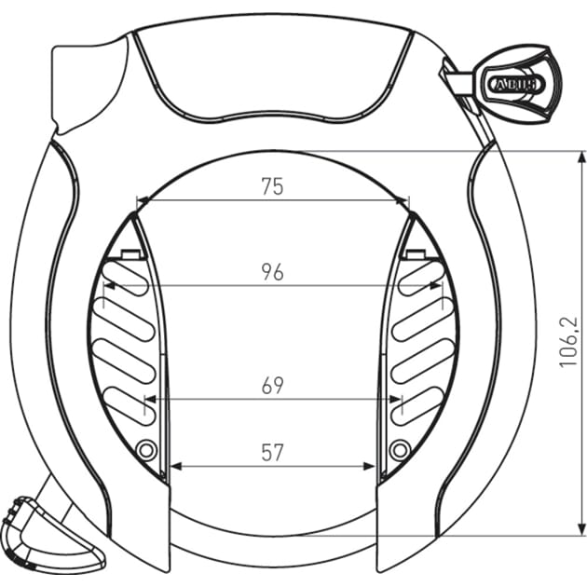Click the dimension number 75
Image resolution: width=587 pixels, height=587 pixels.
pyautogui.click(x=271, y=186)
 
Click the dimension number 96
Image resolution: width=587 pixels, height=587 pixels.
pyautogui.click(x=271, y=272)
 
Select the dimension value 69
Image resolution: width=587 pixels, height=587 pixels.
pyautogui.click(x=271, y=386)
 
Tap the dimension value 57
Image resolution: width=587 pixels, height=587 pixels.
pyautogui.click(x=271, y=454)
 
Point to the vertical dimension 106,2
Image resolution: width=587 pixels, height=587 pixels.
pyautogui.click(x=569, y=342)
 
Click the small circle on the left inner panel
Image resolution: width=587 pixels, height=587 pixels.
pyautogui.click(x=145, y=451)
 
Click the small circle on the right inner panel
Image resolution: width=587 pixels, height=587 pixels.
pyautogui.click(x=400, y=451)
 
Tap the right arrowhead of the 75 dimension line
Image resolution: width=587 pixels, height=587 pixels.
pyautogui.click(x=403, y=199)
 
